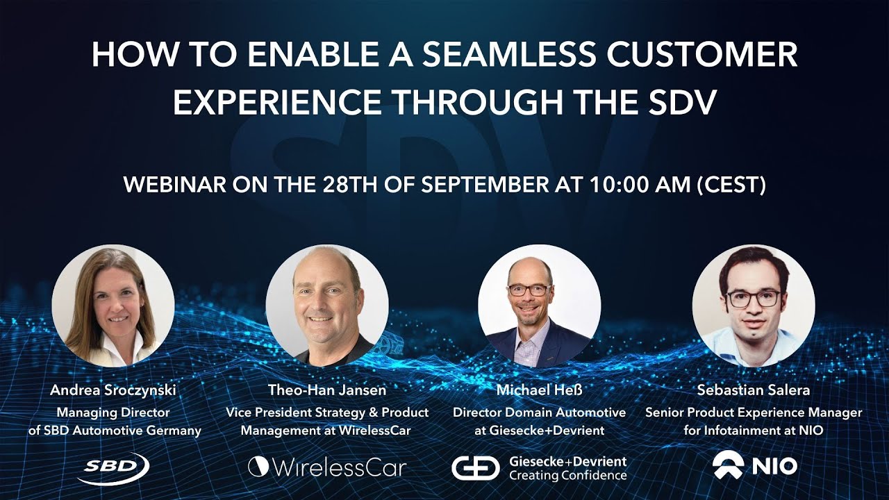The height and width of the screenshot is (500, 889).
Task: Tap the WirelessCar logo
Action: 327,467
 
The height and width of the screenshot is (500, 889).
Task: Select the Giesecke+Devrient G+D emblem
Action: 475,467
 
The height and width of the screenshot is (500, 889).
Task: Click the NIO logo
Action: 754,466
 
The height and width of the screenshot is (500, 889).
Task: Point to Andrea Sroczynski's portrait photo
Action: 113,306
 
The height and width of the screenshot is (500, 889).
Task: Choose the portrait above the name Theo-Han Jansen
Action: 327,306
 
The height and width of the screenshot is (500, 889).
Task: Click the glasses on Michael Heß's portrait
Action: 529,290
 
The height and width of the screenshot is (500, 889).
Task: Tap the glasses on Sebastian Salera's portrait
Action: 753,299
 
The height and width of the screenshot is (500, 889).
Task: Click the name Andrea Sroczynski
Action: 113,390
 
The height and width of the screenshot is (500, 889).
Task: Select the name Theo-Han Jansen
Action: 327,390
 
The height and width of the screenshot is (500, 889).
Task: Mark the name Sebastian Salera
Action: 754,390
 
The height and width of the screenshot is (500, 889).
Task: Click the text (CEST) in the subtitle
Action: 735,185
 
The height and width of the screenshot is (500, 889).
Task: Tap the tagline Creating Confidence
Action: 567,476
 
